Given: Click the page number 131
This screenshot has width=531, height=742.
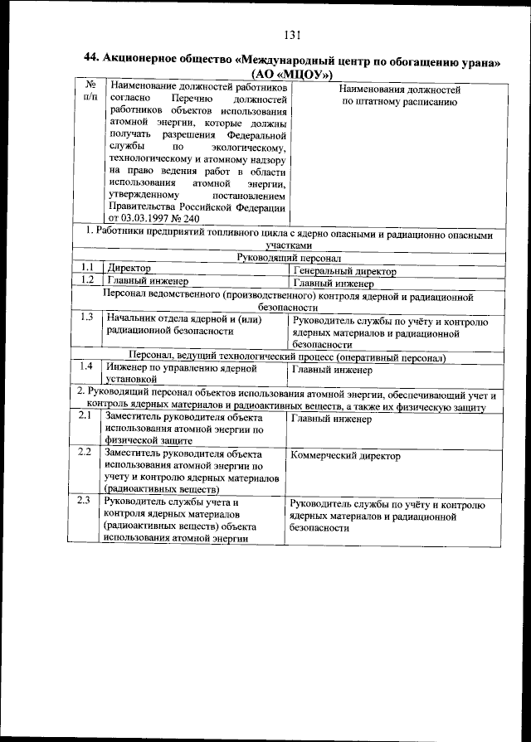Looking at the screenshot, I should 290,35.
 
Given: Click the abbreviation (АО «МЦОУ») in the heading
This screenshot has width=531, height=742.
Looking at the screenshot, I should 291,73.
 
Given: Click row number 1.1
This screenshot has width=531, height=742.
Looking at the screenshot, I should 86,269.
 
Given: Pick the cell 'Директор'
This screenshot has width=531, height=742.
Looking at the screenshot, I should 129,269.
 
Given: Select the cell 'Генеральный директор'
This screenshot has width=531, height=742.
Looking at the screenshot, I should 344,270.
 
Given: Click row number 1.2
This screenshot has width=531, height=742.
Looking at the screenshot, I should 86,281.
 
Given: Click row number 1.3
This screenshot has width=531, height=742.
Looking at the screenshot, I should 86,317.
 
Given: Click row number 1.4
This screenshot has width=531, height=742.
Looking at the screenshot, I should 86,366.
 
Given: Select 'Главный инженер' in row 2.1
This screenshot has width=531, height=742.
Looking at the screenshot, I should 332,419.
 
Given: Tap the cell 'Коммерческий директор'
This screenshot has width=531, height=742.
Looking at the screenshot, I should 346,456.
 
